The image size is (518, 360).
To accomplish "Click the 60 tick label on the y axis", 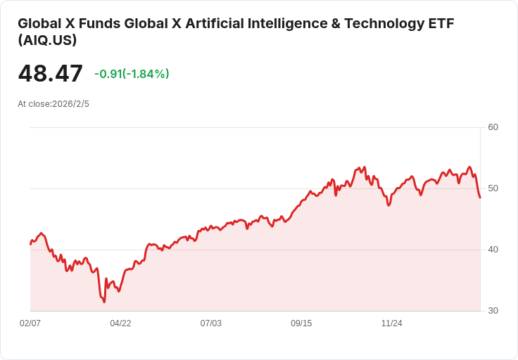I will coord(493,127).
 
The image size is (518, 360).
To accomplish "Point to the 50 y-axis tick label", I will coord(493,188).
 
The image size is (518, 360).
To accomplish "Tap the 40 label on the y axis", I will coord(493,250).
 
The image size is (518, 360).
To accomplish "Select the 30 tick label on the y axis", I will coord(493,311).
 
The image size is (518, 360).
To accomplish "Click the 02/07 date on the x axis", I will coord(30,323).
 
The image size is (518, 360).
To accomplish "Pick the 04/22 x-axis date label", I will coord(120,323).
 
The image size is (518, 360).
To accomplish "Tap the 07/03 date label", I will coord(210,323).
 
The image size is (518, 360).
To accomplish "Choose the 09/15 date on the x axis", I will coord(301,323).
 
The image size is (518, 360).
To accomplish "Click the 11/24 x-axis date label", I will coord(391,323).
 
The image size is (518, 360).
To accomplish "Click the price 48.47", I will coord(50,74).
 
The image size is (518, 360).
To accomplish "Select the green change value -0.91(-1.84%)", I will coord(132,74).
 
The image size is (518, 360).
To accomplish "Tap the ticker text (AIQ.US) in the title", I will coord(47,41).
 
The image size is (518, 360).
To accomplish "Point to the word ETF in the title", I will coord(441,23).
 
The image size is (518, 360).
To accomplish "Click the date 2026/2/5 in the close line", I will coord(70,104).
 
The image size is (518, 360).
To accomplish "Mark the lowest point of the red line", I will coord(104,302).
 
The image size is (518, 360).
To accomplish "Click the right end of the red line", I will coord(480,198).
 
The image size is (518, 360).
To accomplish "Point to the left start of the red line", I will coord(30,244).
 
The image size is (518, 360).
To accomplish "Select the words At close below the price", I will coord(33,104).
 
